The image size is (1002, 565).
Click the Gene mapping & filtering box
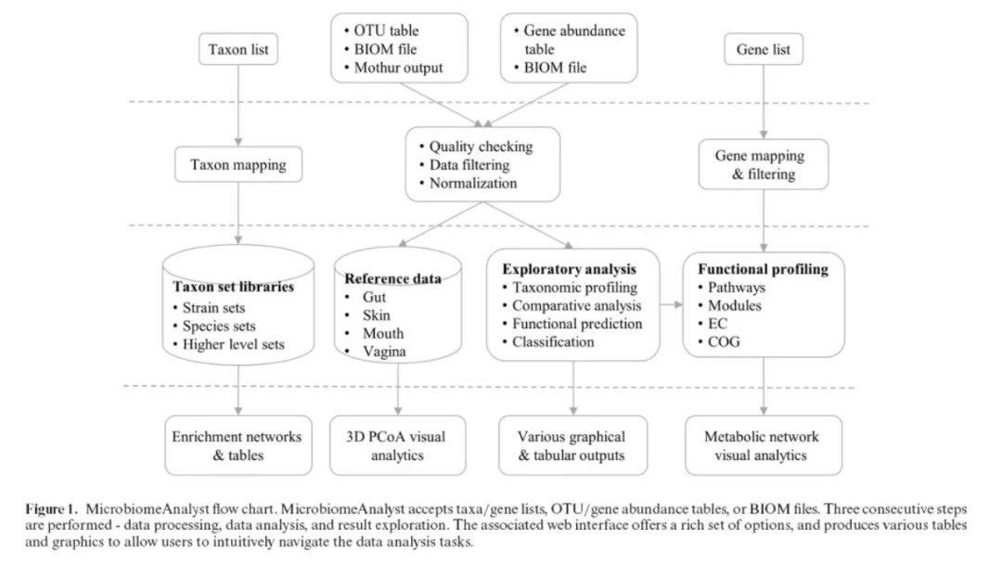[x=764, y=165]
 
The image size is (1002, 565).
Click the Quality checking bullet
[x=481, y=147]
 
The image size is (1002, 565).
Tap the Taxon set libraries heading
[x=235, y=287]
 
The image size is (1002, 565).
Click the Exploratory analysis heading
[x=570, y=269]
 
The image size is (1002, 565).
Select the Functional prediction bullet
[x=577, y=324]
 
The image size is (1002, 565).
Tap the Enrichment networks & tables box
[x=239, y=445]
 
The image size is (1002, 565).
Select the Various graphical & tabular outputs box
[x=572, y=445]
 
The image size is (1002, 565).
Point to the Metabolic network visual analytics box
[x=763, y=445]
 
